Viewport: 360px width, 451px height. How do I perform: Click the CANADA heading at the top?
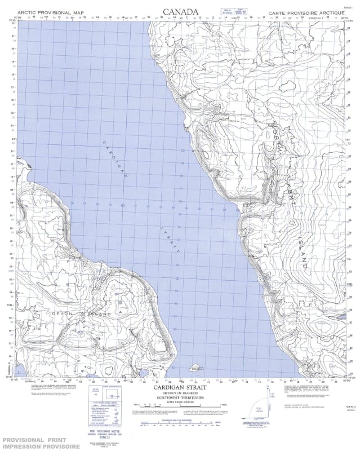pos(180,11)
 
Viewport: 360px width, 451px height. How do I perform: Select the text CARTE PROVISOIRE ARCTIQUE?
pos(305,12)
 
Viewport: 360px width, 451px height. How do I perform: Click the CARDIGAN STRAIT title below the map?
pos(180,388)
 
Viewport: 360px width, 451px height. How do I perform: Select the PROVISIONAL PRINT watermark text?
pos(35,439)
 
